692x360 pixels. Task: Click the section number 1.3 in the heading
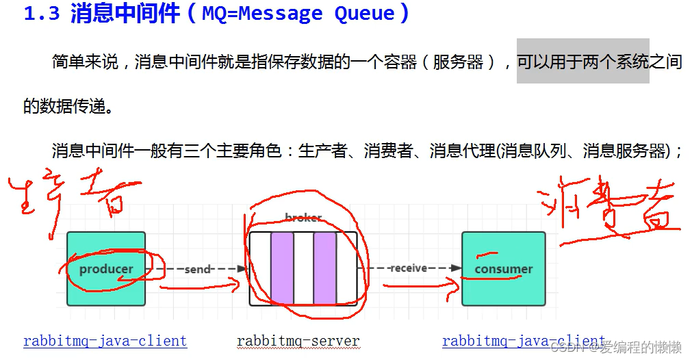point(42,14)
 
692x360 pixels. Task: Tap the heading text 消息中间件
point(125,14)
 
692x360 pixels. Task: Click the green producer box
point(106,268)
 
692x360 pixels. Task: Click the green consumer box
point(503,268)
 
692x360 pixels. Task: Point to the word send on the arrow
point(197,270)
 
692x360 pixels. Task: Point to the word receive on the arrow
point(409,268)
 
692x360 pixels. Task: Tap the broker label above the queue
point(303,218)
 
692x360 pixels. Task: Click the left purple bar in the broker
point(282,268)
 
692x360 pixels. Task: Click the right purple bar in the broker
point(324,268)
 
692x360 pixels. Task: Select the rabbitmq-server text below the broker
point(298,341)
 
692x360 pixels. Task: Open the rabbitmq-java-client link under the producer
point(105,341)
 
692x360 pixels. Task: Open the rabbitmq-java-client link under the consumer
point(523,341)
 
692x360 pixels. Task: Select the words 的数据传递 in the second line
point(64,107)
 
